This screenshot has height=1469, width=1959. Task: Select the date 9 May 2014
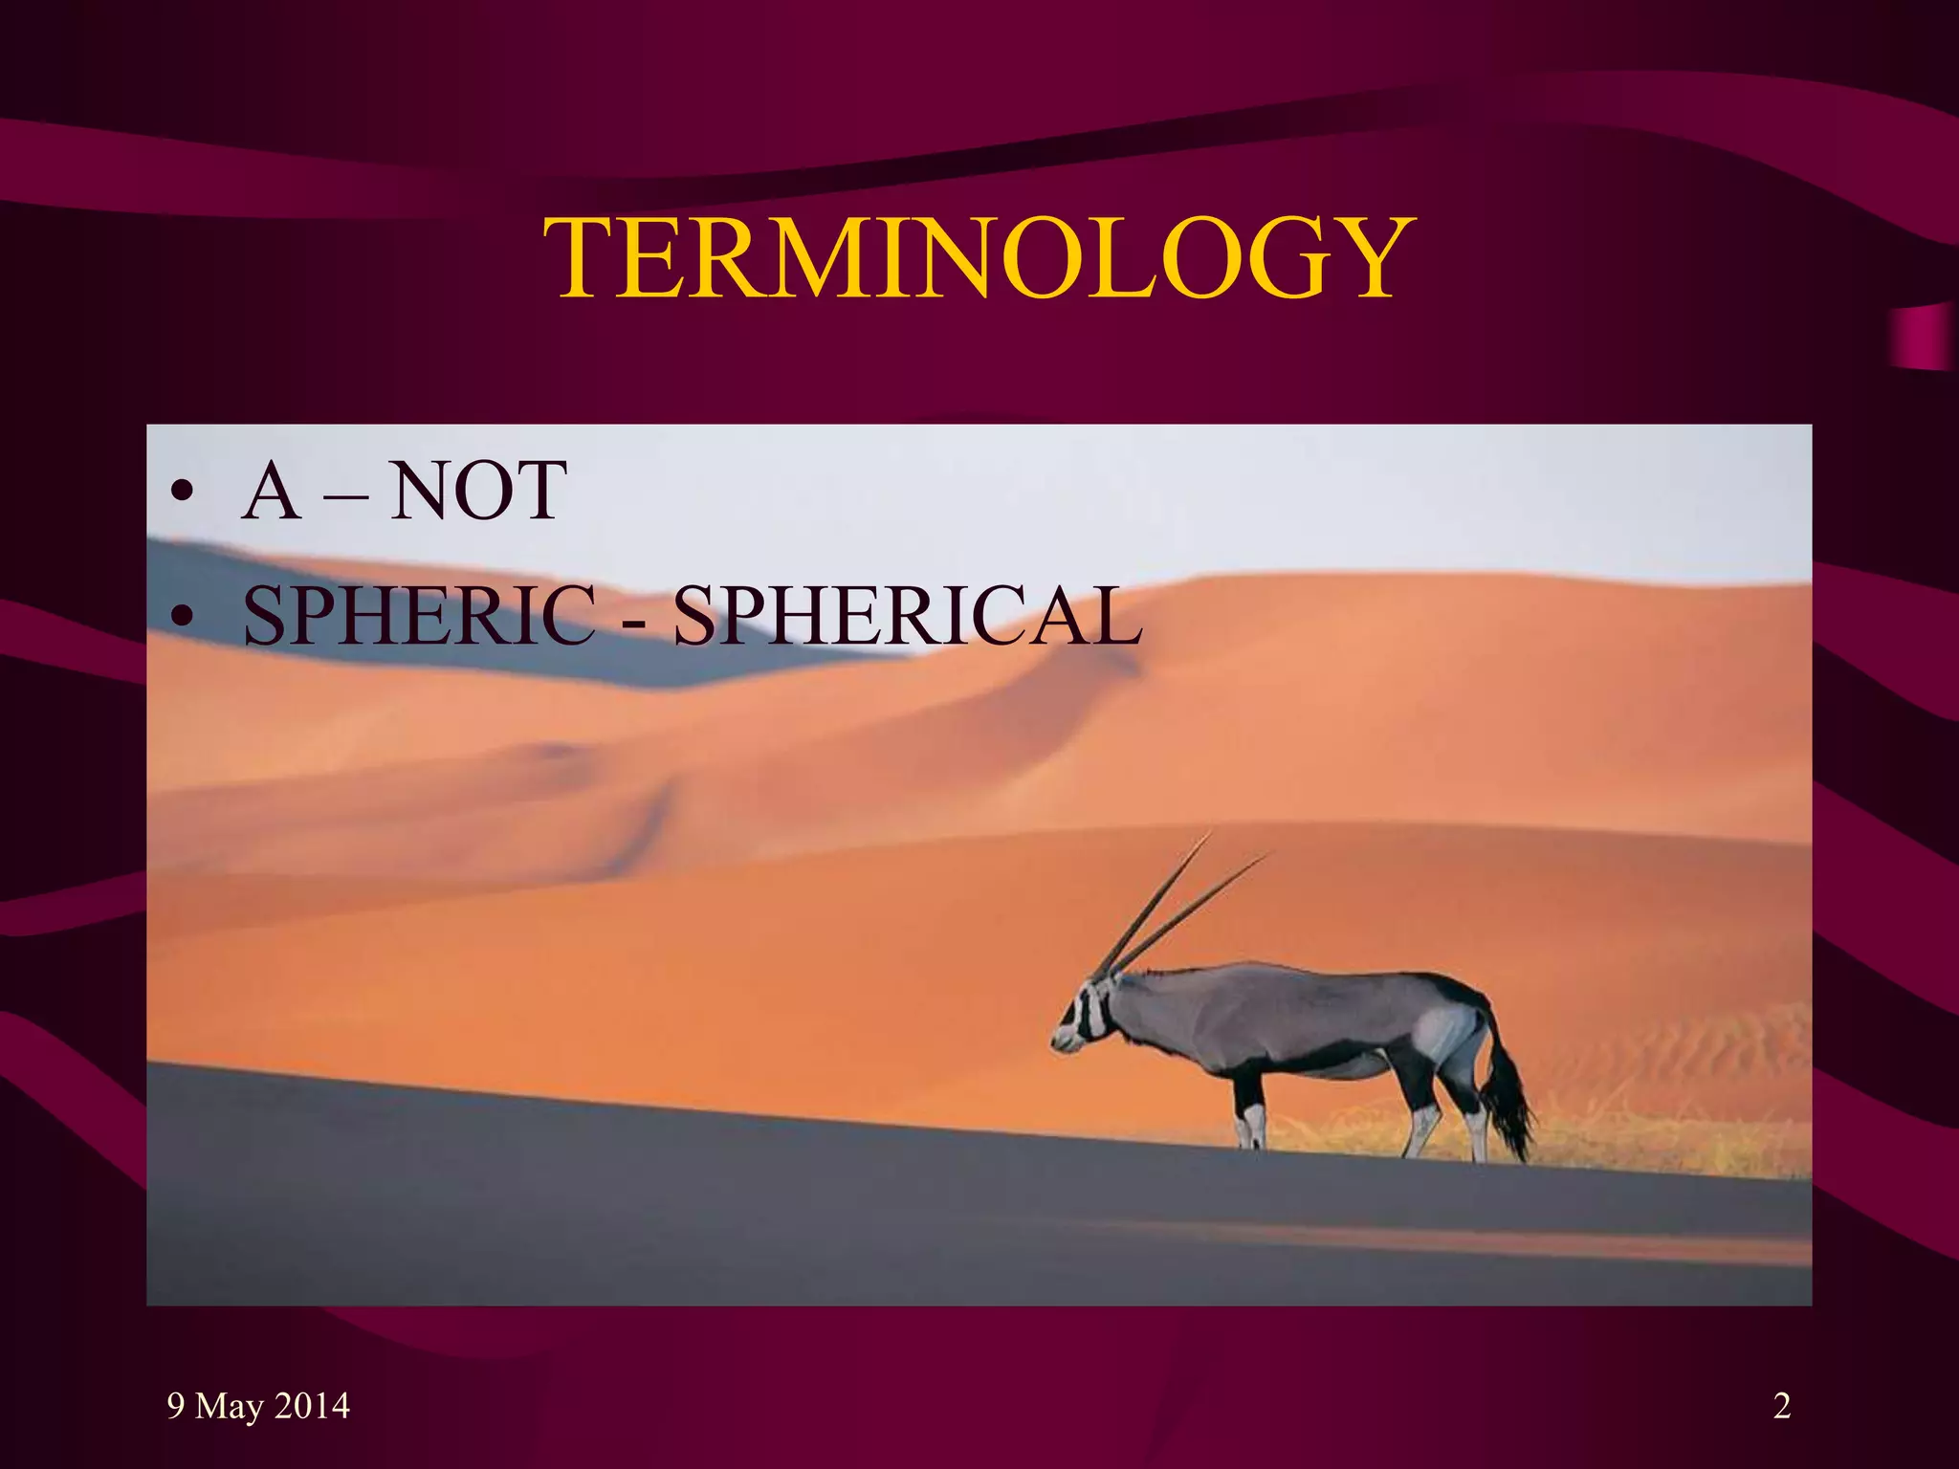(x=258, y=1406)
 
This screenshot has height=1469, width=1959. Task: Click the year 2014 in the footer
(x=312, y=1406)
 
